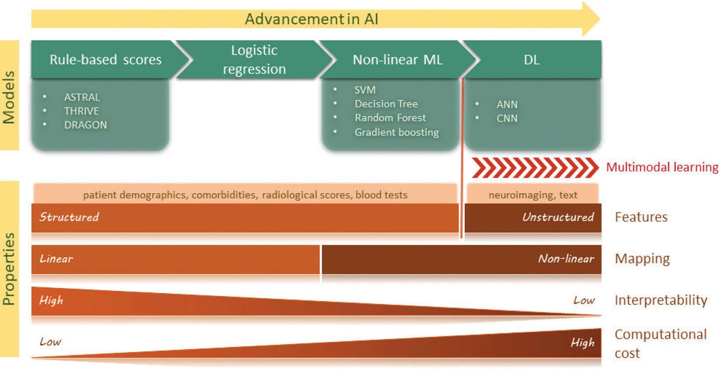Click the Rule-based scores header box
click(x=105, y=60)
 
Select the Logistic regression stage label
click(x=254, y=60)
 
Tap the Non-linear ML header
click(x=397, y=60)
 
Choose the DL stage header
click(x=531, y=60)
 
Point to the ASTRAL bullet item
click(x=82, y=97)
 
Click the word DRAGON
click(x=85, y=125)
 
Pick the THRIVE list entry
click(x=81, y=111)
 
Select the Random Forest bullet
click(x=390, y=118)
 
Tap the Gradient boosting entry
click(x=396, y=132)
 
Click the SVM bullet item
click(x=365, y=90)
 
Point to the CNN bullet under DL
click(x=507, y=118)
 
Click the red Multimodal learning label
click(x=662, y=167)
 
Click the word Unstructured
click(x=558, y=217)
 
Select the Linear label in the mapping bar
click(x=57, y=259)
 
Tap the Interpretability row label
click(x=660, y=300)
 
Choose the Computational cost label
click(x=660, y=343)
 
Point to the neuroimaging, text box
click(x=533, y=195)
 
